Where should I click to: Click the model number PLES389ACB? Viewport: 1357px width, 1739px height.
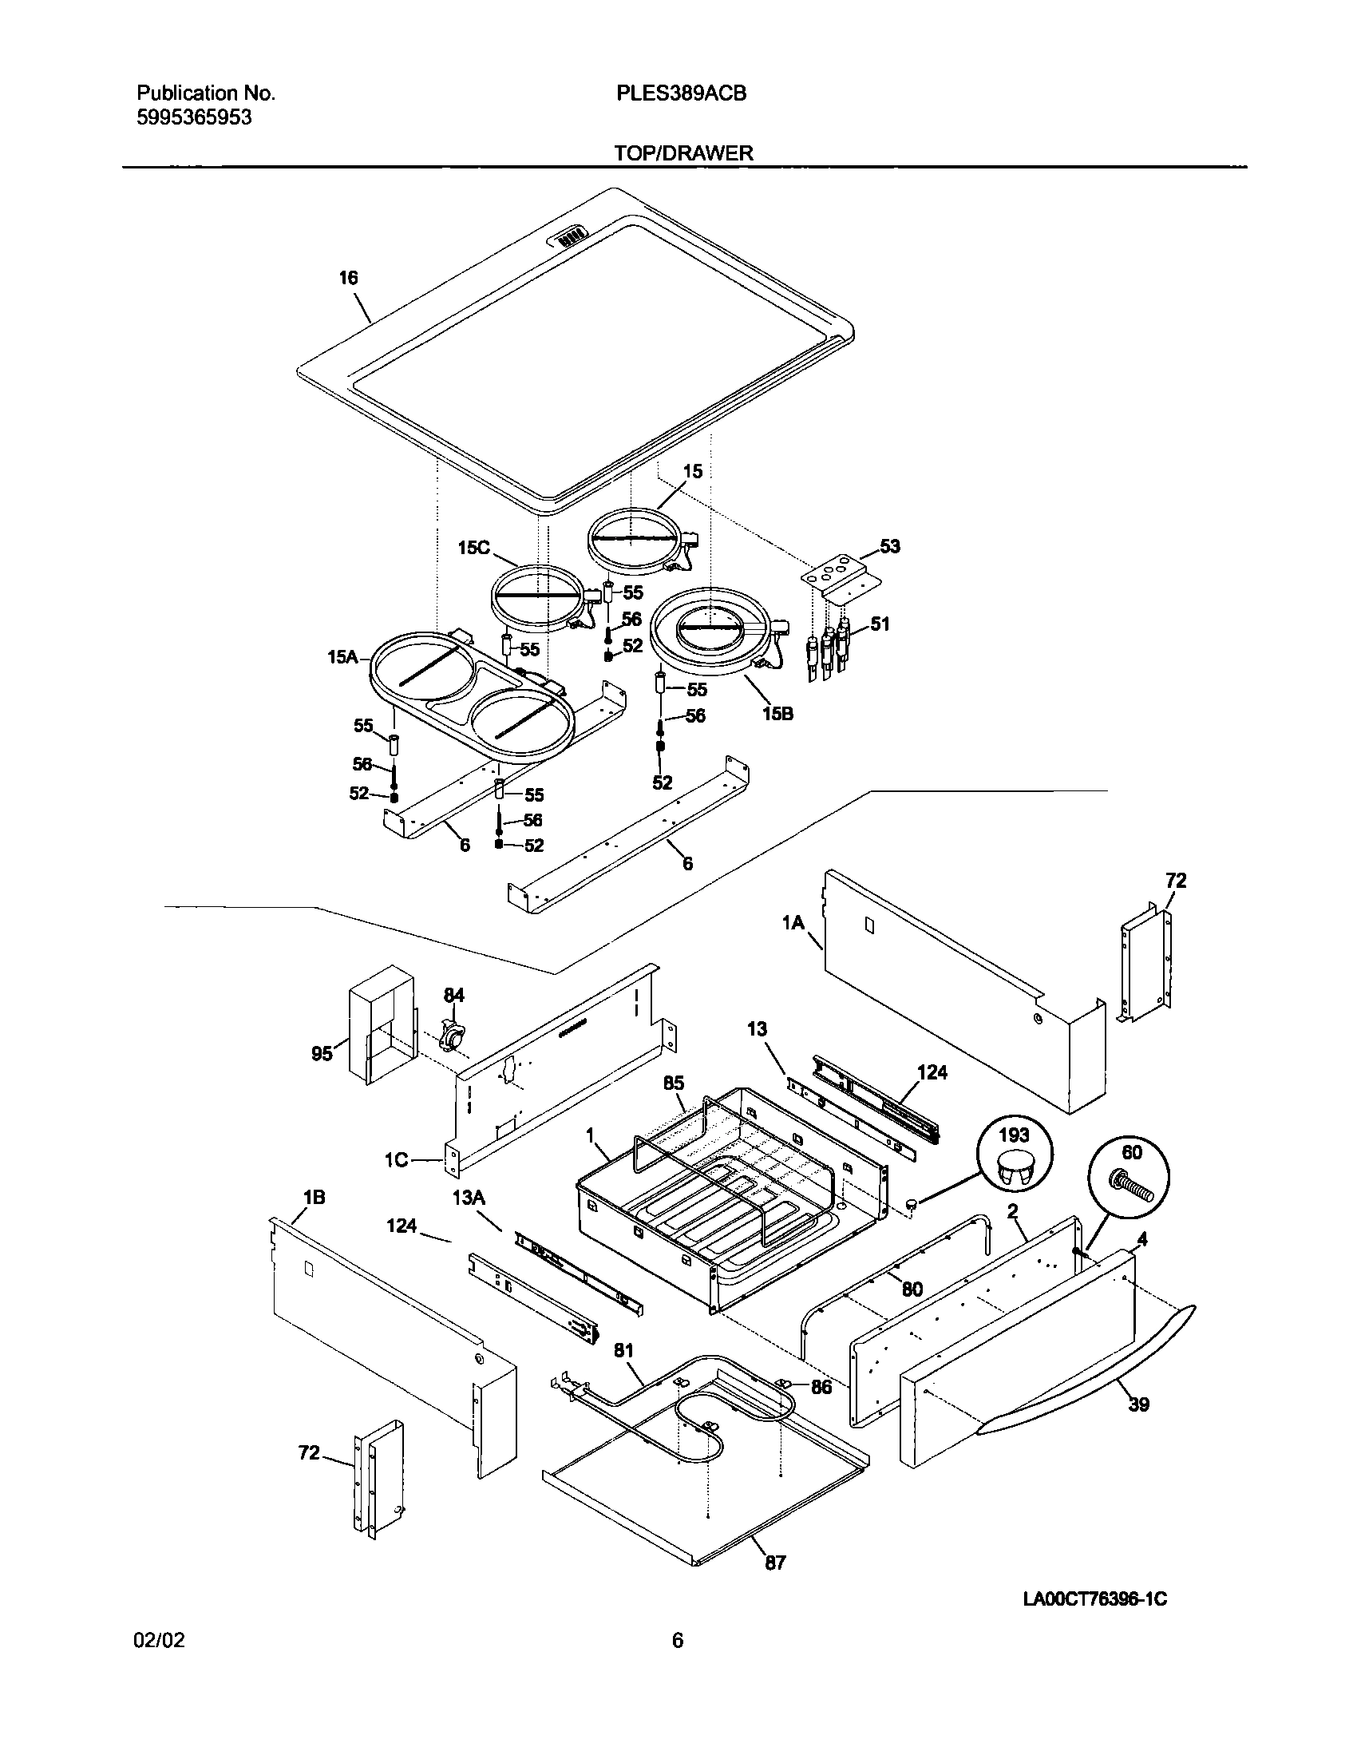[681, 93]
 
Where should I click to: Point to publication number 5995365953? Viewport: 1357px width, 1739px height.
[194, 117]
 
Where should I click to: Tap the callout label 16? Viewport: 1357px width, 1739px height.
[348, 278]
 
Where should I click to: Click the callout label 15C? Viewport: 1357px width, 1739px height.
[473, 548]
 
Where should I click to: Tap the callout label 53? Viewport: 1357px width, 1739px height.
[889, 546]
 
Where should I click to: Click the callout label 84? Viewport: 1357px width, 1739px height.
[454, 995]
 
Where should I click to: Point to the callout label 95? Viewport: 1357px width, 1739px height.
[322, 1054]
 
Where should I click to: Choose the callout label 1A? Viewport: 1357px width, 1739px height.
[793, 923]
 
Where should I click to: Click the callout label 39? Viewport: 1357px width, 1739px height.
[1138, 1404]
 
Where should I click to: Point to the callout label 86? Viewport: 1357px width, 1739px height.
[821, 1387]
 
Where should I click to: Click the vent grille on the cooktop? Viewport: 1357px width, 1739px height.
[568, 236]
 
